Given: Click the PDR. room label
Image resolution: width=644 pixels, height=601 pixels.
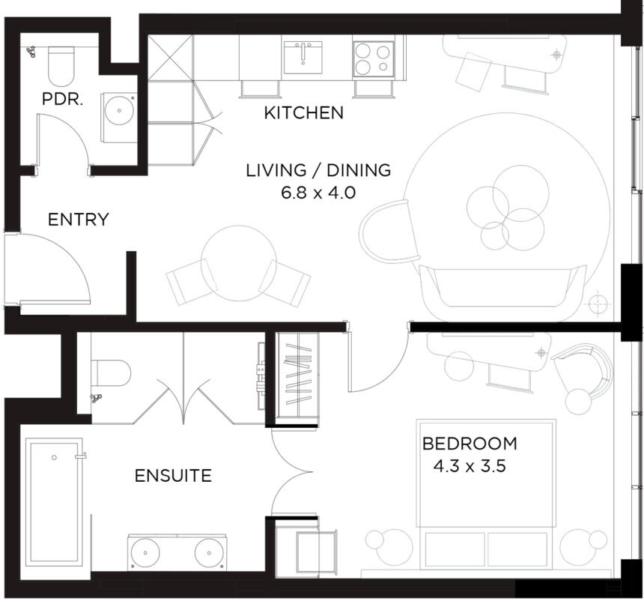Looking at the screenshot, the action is pyautogui.click(x=62, y=99).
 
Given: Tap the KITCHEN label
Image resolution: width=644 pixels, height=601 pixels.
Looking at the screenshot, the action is pyautogui.click(x=303, y=112).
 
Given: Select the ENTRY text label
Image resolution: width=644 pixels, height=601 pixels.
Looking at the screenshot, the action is pyautogui.click(x=79, y=219).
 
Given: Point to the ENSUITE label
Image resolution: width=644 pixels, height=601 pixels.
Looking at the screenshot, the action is pyautogui.click(x=173, y=475).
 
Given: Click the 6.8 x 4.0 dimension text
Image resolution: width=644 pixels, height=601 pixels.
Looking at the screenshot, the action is pyautogui.click(x=318, y=193).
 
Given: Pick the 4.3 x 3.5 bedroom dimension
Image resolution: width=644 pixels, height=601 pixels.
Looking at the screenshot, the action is pyautogui.click(x=470, y=466).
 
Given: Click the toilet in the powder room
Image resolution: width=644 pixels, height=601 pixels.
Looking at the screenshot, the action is pyautogui.click(x=61, y=66).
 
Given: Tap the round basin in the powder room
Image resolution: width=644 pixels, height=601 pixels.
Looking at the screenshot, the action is pyautogui.click(x=119, y=111).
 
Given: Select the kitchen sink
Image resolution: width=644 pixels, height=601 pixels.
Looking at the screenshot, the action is pyautogui.click(x=303, y=58).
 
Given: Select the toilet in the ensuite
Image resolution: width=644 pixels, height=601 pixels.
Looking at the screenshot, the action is pyautogui.click(x=111, y=373).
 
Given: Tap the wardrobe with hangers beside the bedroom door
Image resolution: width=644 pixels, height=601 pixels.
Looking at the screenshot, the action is pyautogui.click(x=297, y=378).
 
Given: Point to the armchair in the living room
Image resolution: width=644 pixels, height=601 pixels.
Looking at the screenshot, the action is pyautogui.click(x=389, y=232).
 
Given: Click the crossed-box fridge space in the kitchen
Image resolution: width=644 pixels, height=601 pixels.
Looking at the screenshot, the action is pyautogui.click(x=170, y=58).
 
